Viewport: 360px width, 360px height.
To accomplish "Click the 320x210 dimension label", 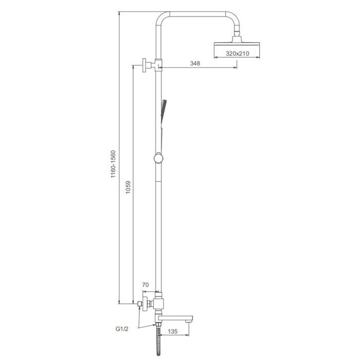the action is [x=238, y=53].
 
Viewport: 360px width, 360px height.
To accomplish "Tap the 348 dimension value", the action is [x=195, y=63].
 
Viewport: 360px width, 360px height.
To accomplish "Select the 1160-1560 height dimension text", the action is [x=113, y=164].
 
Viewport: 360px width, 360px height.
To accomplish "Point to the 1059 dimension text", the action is [x=128, y=187].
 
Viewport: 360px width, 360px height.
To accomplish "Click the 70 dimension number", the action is [x=146, y=285].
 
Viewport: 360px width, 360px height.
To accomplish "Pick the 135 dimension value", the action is [x=173, y=331].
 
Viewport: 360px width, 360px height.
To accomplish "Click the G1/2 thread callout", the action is [x=122, y=329].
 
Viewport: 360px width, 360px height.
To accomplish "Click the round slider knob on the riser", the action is [x=158, y=158].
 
